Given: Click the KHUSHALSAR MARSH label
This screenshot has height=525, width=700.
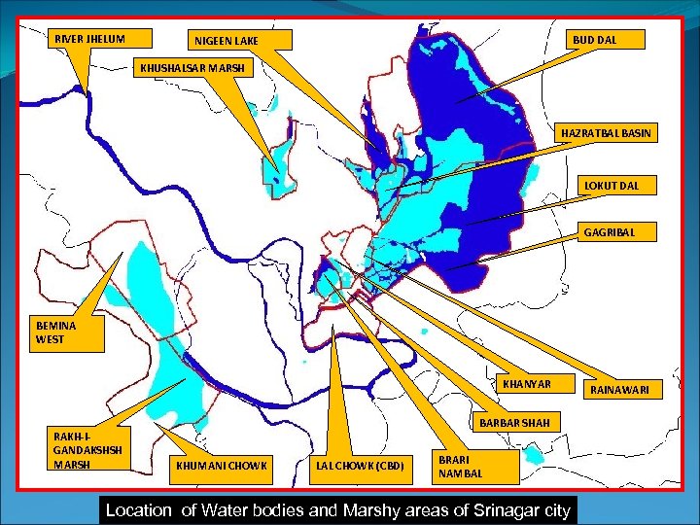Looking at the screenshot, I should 193,68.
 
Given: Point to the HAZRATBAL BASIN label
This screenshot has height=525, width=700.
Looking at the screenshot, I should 606,132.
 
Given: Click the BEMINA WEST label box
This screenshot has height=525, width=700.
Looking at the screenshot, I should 67,333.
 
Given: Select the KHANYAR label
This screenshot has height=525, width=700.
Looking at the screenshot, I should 527,384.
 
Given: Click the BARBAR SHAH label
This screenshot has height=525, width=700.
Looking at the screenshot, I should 514,423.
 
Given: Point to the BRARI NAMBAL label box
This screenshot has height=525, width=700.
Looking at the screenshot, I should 461,466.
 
